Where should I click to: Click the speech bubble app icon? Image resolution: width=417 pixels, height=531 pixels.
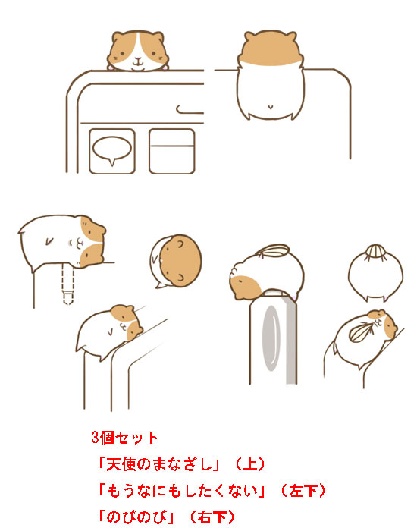pos(112,152)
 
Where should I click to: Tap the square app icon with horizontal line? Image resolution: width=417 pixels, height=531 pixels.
pos(172,152)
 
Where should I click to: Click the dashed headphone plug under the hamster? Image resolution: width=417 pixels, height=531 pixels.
pos(67,284)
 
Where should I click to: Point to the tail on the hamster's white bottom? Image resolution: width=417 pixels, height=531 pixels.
pos(271,107)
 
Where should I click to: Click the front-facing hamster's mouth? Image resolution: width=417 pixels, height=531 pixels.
pos(138,62)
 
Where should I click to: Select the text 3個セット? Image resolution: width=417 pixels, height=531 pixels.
pos(124,438)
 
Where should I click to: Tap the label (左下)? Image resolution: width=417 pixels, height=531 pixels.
pos(303,491)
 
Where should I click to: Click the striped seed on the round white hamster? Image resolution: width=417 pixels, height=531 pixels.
pos(376,253)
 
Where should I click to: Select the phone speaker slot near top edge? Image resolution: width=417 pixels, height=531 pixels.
pos(190,109)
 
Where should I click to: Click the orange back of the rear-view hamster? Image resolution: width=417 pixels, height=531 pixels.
pos(271,48)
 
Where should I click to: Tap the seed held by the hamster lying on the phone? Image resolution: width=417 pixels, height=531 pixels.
pos(362,331)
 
